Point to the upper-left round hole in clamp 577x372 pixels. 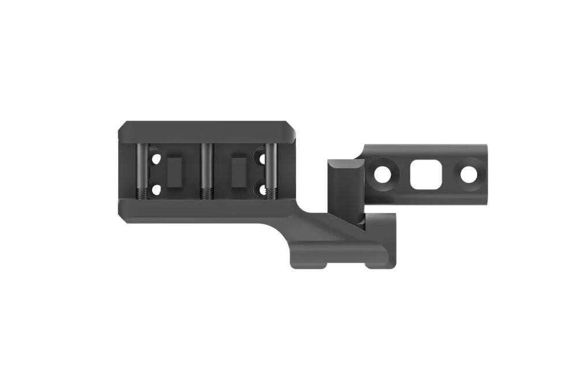154,156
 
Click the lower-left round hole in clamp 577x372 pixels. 154,188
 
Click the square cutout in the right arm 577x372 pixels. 424,173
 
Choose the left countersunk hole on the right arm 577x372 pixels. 382,173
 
